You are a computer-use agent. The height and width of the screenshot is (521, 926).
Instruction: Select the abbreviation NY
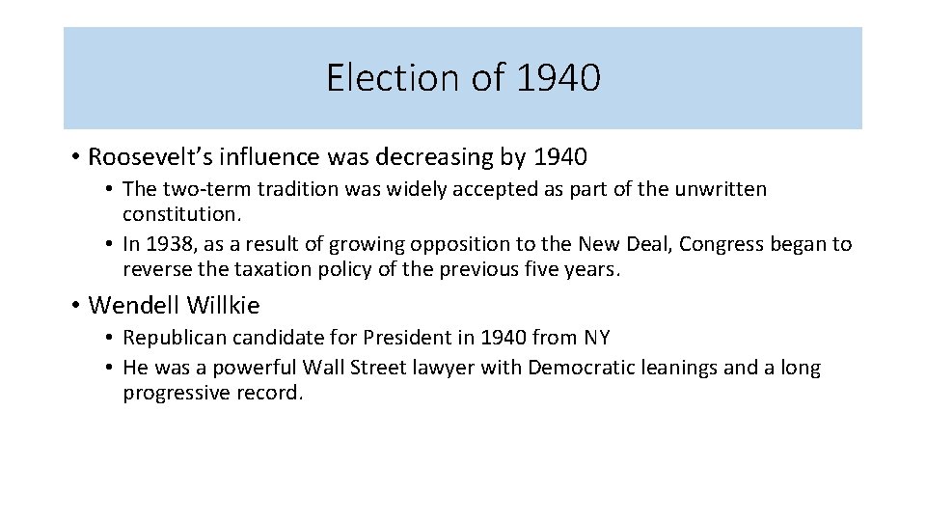[596, 338]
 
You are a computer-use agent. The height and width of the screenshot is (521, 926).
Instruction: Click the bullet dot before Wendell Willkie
[75, 307]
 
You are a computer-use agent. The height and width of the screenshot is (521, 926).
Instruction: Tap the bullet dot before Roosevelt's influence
[75, 156]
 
